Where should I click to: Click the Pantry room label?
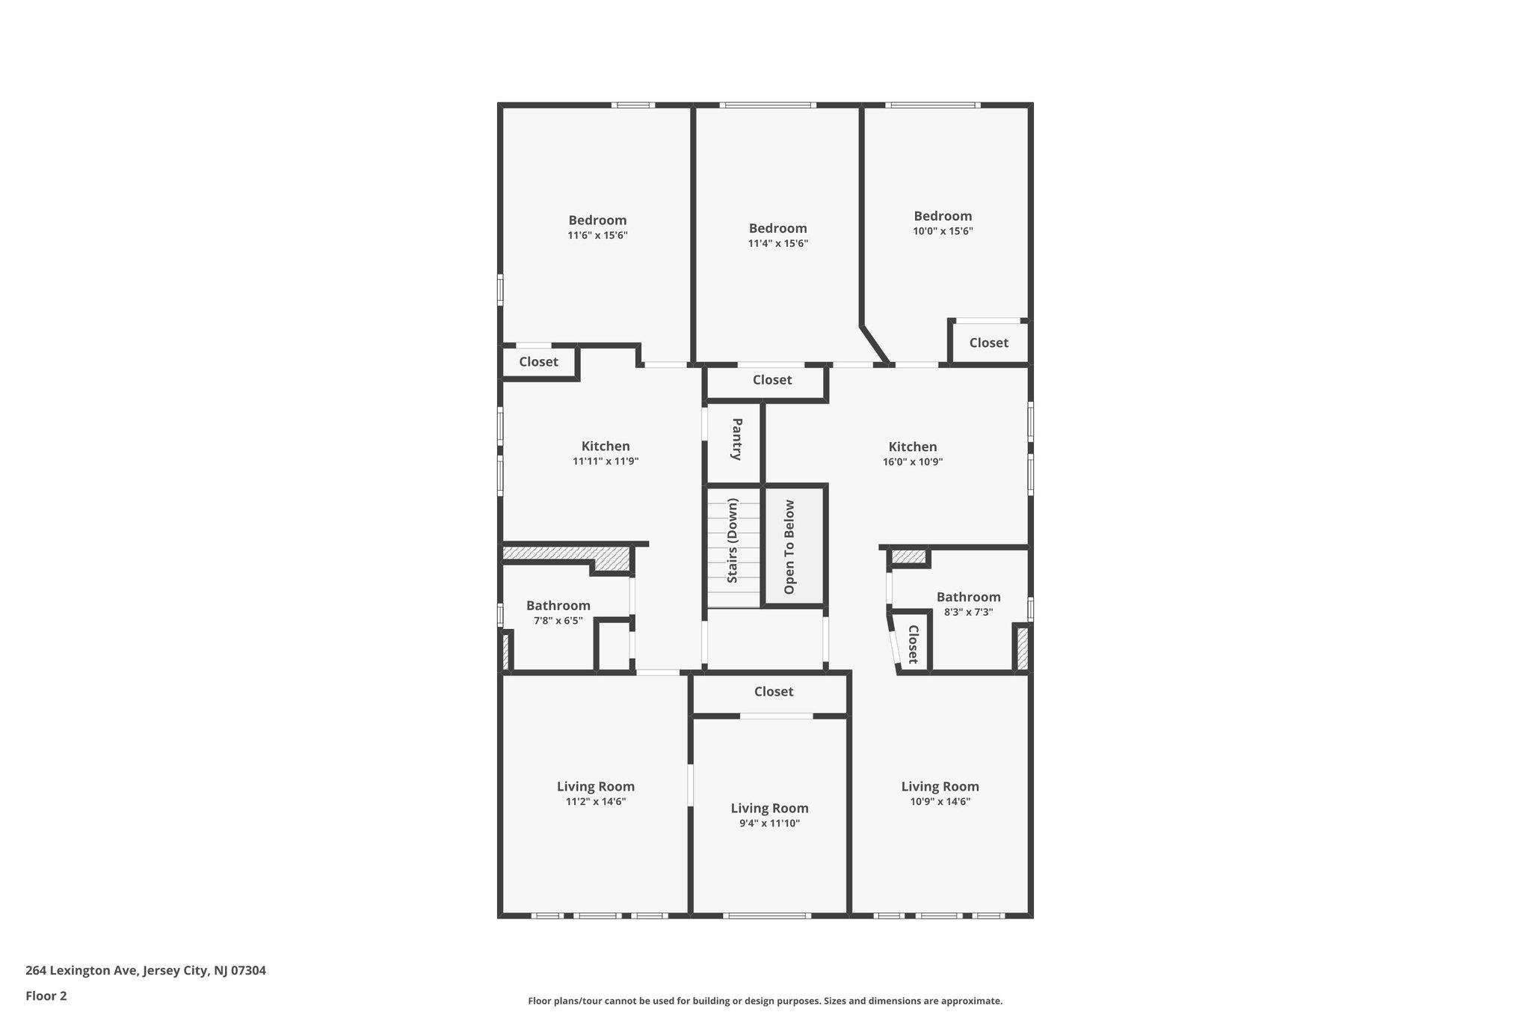pos(736,439)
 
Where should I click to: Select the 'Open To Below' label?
pos(789,547)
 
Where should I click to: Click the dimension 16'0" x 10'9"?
pos(912,462)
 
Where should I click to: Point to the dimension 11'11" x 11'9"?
pos(606,462)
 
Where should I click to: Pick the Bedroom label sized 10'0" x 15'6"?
pos(943,216)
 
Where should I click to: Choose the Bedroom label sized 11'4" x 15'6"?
pos(777,228)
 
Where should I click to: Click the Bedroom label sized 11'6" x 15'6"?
pos(597,220)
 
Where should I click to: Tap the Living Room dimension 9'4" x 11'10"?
pos(769,824)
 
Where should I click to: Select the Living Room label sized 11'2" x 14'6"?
pos(596,786)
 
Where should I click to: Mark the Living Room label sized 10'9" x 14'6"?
pos(940,786)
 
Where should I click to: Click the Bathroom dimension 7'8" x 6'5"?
pos(558,621)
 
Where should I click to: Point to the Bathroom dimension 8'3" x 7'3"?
pos(968,612)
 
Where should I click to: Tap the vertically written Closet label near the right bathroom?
pos(913,644)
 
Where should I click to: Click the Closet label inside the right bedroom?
pos(988,343)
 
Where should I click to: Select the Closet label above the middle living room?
pos(773,691)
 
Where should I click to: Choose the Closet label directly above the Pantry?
pos(771,380)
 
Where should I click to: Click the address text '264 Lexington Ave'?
pos(81,971)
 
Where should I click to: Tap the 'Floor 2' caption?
pos(46,996)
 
